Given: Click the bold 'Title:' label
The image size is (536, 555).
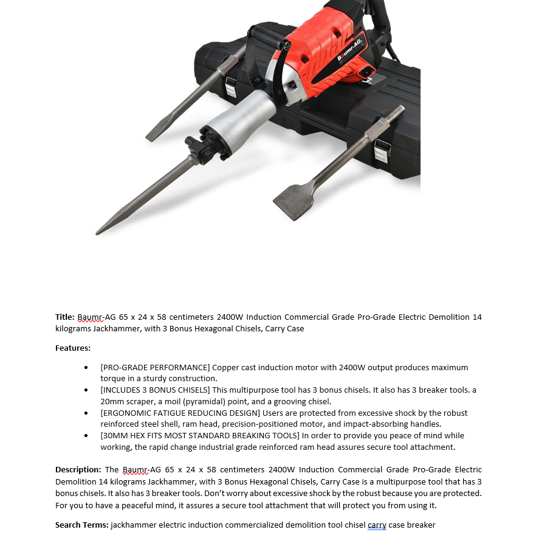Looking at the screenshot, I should [65, 317].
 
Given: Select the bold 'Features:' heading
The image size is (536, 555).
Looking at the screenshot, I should [73, 348].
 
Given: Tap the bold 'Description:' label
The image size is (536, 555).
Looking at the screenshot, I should [78, 470].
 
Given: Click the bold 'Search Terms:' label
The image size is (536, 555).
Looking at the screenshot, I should [81, 525].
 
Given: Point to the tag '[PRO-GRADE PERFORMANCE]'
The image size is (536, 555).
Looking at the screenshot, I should [155, 367].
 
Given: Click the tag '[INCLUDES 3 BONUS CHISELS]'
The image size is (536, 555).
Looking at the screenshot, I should [156, 390].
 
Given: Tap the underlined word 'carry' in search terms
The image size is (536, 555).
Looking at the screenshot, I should [377, 525].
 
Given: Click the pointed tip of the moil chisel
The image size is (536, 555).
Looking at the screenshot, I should [100, 230].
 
